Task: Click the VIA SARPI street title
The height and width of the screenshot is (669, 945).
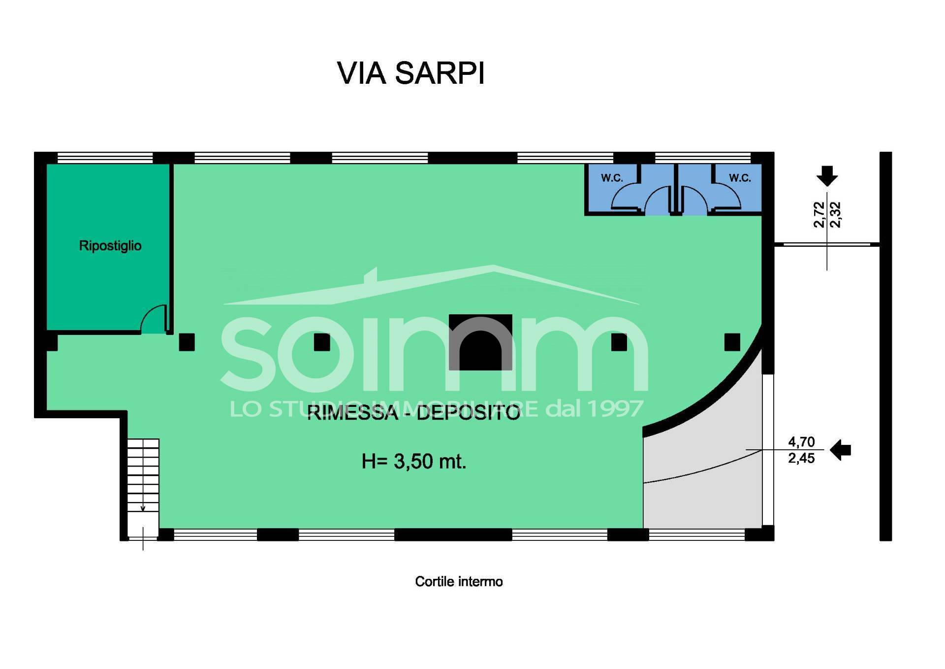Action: [x=411, y=73]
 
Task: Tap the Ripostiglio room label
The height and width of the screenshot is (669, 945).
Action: [x=110, y=245]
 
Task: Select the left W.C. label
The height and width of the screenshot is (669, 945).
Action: [x=612, y=178]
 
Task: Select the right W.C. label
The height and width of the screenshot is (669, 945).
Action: [x=740, y=178]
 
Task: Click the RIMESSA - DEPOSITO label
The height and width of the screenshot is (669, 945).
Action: [x=413, y=413]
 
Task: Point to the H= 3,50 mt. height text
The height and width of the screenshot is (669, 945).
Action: [x=413, y=462]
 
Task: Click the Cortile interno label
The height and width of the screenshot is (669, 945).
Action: [x=459, y=582]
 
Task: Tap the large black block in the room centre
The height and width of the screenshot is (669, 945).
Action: [x=480, y=342]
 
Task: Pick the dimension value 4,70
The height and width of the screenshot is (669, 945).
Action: [x=801, y=441]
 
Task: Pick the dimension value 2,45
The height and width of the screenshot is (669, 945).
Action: [x=801, y=458]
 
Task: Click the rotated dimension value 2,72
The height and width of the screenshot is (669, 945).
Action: [x=819, y=215]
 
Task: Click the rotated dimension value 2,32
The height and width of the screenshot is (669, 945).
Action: [x=835, y=215]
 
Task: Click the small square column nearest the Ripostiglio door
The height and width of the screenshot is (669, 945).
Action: [x=187, y=342]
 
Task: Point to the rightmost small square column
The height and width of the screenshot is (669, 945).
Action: [x=732, y=342]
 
